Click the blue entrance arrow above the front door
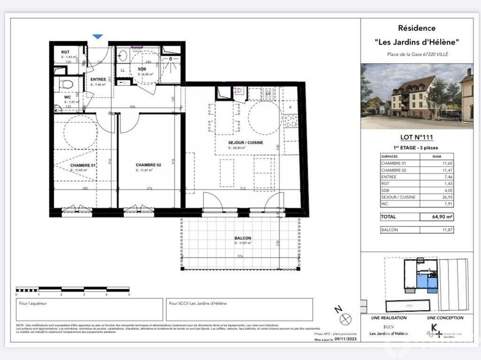pyautogui.click(x=98, y=36)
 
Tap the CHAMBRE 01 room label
pyautogui.click(x=83, y=165)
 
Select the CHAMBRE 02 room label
pyautogui.click(x=148, y=165)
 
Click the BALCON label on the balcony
pyautogui.click(x=243, y=238)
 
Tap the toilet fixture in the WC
pyautogui.click(x=66, y=84)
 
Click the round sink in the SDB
pyautogui.click(x=123, y=56)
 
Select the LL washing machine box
pyautogui.click(x=123, y=70)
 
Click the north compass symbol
pyautogui.click(x=346, y=319)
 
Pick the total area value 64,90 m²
pyautogui.click(x=436, y=217)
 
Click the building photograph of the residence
pyautogui.click(x=417, y=96)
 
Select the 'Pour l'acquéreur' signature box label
pyautogui.click(x=32, y=304)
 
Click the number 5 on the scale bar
pyautogui.click(x=129, y=295)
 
